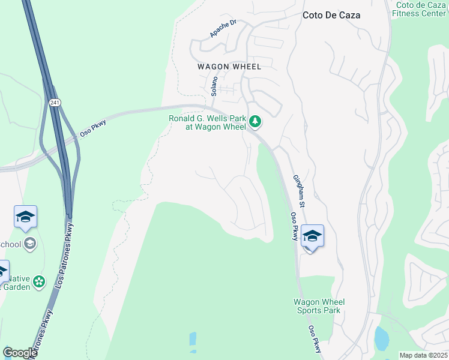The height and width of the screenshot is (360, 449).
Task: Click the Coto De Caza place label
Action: [x=331, y=15]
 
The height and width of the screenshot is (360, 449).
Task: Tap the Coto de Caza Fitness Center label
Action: [x=421, y=9]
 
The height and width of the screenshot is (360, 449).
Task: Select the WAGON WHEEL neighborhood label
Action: [x=229, y=67]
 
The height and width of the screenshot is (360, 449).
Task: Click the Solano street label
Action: [x=214, y=85]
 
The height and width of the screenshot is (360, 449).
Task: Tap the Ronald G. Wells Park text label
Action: [x=207, y=122]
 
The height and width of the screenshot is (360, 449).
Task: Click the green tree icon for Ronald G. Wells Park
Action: [x=255, y=122]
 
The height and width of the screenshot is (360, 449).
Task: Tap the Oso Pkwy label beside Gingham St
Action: [x=294, y=227]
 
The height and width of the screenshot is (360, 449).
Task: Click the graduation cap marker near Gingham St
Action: [x=312, y=235]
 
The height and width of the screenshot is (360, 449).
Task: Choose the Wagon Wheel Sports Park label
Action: [x=319, y=306]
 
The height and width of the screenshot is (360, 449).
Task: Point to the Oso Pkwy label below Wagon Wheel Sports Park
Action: [x=315, y=339]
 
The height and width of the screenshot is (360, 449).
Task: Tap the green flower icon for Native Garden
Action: [x=39, y=281]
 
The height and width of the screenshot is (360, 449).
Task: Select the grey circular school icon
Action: [x=30, y=244]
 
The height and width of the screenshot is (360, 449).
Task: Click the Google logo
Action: [x=20, y=353]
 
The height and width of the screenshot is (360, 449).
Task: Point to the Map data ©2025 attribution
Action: [x=423, y=355]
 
